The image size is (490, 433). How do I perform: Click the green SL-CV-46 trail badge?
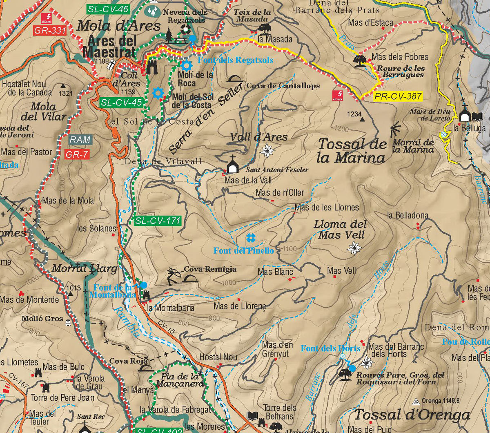click(108, 9)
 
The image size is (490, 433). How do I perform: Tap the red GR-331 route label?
click(50, 30)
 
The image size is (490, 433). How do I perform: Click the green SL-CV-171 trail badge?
click(158, 221)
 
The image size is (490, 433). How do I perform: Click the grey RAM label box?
click(80, 140)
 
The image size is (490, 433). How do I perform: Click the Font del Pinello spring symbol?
click(250, 238)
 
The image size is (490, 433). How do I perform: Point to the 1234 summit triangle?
click(363, 119)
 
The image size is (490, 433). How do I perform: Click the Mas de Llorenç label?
click(240, 306)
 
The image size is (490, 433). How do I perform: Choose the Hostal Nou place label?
click(218, 357)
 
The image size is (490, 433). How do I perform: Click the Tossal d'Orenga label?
click(412, 415)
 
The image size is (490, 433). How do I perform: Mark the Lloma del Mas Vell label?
click(340, 229)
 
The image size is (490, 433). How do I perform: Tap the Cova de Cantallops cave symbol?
click(234, 78)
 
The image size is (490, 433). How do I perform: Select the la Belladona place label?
click(408, 215)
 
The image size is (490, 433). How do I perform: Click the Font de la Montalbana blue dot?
click(143, 285)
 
